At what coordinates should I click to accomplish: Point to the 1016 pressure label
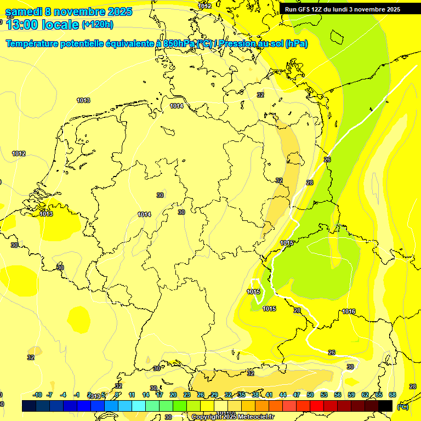pos(349,311)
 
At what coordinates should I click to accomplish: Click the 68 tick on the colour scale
pos(392,395)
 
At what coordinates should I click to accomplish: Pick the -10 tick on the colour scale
pos(37,395)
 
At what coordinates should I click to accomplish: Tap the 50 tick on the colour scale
pos(310,395)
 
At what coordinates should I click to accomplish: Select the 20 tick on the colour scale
pos(173,395)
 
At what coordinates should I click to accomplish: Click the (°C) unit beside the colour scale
pos(402,406)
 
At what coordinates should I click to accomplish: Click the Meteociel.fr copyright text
pos(252,417)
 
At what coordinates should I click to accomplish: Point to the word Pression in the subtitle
pos(241,44)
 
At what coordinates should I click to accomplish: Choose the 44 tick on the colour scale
pos(283,395)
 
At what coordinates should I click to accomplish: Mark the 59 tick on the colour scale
pos(351,395)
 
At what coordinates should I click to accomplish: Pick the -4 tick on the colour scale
pos(63,395)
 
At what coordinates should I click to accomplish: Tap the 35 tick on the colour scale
pos(242,395)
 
